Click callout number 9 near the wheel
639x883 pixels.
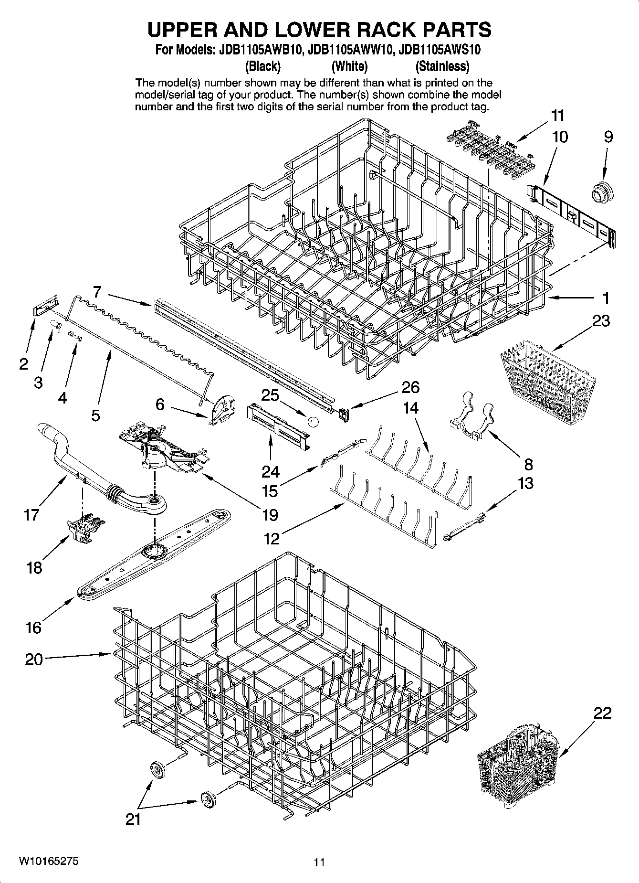coord(608,137)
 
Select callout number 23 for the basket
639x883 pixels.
coord(601,321)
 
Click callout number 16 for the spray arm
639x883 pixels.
coord(33,627)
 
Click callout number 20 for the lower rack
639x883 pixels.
coord(33,659)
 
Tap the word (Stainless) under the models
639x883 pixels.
coord(442,66)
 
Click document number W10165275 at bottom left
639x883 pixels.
coord(49,861)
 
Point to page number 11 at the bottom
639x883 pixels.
coord(319,862)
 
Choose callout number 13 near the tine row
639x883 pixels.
coord(525,483)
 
